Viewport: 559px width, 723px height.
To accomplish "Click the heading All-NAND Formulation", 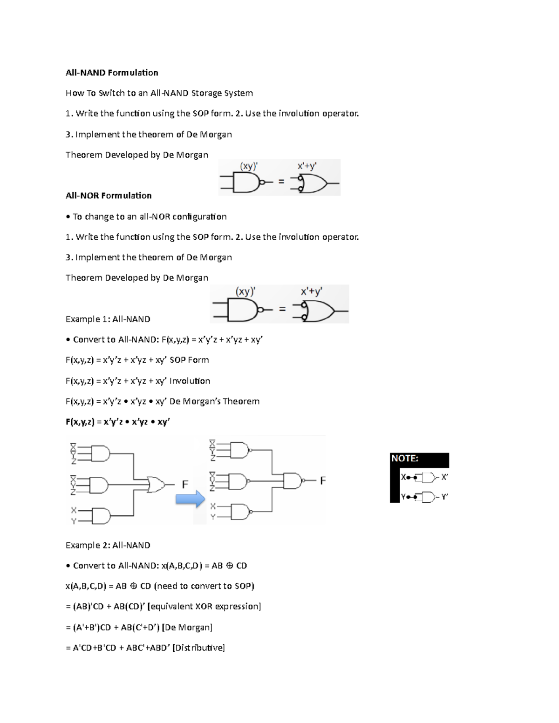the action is (x=112, y=73).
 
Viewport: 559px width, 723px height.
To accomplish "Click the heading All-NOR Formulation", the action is (x=109, y=196).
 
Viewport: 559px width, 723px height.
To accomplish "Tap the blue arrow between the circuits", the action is (x=190, y=499).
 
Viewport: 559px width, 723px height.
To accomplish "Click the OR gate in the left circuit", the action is (x=155, y=485).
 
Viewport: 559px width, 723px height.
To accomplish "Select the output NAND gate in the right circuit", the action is (x=293, y=480).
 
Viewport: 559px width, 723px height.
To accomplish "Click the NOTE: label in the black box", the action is (x=405, y=459).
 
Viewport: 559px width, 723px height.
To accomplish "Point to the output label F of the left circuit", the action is (x=185, y=485).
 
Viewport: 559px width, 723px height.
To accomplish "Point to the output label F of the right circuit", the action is (x=323, y=480).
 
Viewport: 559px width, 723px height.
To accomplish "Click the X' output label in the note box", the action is (x=444, y=477).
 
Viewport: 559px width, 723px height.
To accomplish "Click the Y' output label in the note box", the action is (x=444, y=497).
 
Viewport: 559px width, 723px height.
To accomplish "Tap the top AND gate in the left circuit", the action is (x=100, y=453).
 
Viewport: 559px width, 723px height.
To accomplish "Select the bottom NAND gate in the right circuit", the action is (x=240, y=512).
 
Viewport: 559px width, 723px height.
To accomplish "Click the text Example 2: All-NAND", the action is (x=108, y=545).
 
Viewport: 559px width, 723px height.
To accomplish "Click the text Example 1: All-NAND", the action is (x=108, y=319).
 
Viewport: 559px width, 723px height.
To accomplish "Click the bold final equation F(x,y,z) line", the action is (x=117, y=422).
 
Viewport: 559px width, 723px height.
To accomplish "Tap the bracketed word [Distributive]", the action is (x=198, y=648).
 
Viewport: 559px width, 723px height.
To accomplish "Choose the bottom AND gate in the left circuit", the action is (x=101, y=515).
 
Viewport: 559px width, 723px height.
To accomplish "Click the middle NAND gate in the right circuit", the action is (x=238, y=481).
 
